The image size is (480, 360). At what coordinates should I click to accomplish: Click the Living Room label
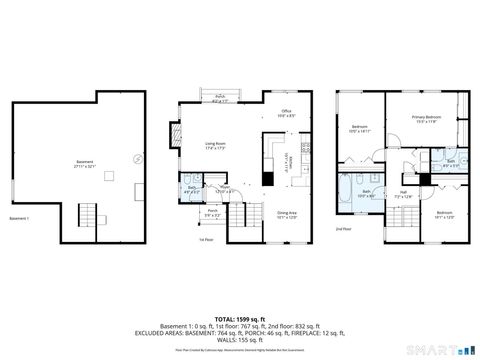pos(214,145)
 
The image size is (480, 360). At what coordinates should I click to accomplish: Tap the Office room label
pos(285,113)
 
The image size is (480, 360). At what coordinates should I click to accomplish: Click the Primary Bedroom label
pos(426,119)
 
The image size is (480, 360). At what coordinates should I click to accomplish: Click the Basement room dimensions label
pos(84,165)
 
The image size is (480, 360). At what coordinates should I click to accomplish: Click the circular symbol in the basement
pos(137,157)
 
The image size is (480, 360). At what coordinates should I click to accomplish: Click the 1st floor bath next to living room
pos(192,187)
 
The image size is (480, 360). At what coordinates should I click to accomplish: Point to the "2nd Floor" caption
pos(344,229)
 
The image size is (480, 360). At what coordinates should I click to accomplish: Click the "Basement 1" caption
pos(20,218)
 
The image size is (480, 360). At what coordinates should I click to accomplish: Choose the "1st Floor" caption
pos(205,240)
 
